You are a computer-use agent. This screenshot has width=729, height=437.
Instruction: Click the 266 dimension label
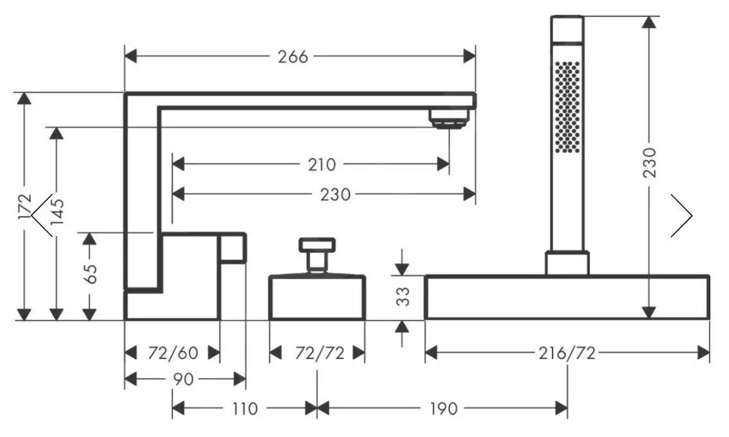293,56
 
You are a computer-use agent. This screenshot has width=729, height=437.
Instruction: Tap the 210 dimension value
322,164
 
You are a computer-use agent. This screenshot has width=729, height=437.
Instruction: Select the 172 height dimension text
24,207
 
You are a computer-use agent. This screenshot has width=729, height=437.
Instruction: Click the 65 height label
90,273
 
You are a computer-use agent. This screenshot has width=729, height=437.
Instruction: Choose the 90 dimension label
183,379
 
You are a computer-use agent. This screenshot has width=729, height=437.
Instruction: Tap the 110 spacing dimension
244,408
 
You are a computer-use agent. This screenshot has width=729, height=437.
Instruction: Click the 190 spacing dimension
443,408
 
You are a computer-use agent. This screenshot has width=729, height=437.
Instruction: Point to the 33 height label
402,298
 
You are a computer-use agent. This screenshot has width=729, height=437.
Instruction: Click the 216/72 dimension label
567,353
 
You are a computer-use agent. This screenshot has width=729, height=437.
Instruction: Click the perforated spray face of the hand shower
567,107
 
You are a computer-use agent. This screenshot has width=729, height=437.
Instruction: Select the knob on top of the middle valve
317,244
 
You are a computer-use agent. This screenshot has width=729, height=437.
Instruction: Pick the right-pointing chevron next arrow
682,216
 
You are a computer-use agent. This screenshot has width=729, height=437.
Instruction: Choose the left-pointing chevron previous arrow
42,216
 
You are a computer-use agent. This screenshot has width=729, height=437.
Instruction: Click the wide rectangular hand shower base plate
567,298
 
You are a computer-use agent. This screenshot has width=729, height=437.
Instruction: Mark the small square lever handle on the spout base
233,248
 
